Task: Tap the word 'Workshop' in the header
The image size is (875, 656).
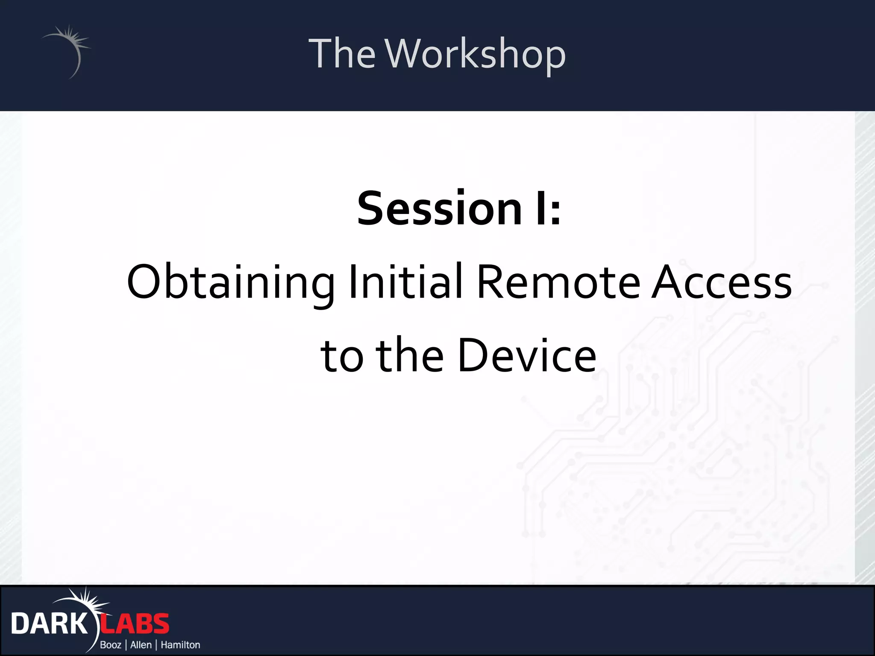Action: pyautogui.click(x=476, y=54)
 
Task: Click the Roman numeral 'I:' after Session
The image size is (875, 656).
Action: pyautogui.click(x=548, y=209)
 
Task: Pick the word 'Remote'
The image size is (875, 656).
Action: pyautogui.click(x=558, y=282)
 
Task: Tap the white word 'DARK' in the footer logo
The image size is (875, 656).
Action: pyautogui.click(x=49, y=624)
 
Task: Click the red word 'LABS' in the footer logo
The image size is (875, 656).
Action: pyautogui.click(x=135, y=624)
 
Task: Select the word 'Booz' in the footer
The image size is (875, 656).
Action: pyautogui.click(x=111, y=644)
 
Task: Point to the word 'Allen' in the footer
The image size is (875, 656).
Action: pyautogui.click(x=141, y=644)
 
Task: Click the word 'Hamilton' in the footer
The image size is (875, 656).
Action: pyautogui.click(x=180, y=644)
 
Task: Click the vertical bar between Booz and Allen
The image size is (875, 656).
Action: pyautogui.click(x=126, y=644)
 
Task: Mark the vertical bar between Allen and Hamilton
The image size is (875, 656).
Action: pyautogui.click(x=156, y=644)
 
